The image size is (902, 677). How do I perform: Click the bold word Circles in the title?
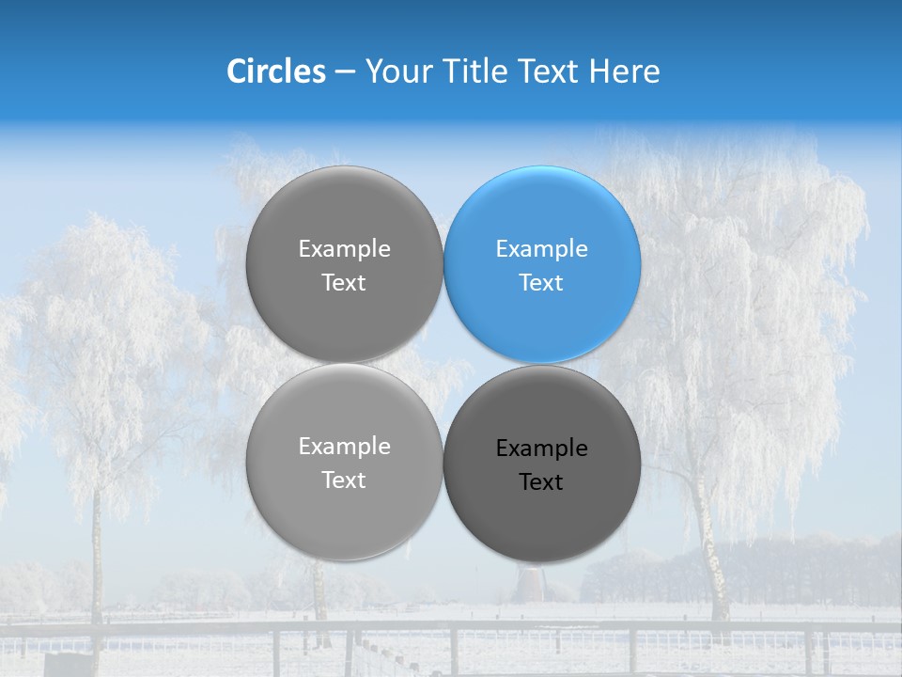276,71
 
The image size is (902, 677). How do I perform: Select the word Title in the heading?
474,71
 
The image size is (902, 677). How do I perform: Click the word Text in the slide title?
548,71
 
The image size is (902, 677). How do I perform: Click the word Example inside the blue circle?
541,249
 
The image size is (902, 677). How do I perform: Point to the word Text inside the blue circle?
541,283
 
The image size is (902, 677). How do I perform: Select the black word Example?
541,449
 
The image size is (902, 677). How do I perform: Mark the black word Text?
541,482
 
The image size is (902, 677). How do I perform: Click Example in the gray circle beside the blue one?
344,249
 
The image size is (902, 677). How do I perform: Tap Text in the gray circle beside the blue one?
344,283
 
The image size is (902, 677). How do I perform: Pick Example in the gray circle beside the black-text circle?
344,447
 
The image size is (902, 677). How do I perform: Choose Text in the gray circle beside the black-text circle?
344,480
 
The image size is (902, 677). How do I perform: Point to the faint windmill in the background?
532,584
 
